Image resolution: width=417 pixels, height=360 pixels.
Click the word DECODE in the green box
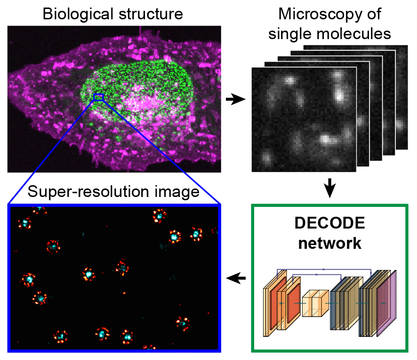329,223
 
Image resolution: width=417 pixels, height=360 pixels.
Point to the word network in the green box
329,243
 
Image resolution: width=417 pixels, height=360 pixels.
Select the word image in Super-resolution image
182,192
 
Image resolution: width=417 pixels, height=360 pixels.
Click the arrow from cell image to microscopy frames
235,99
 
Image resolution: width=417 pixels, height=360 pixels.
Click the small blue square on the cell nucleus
98,97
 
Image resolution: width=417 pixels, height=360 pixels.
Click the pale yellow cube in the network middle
313,304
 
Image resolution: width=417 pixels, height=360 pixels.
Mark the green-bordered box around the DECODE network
329,207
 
